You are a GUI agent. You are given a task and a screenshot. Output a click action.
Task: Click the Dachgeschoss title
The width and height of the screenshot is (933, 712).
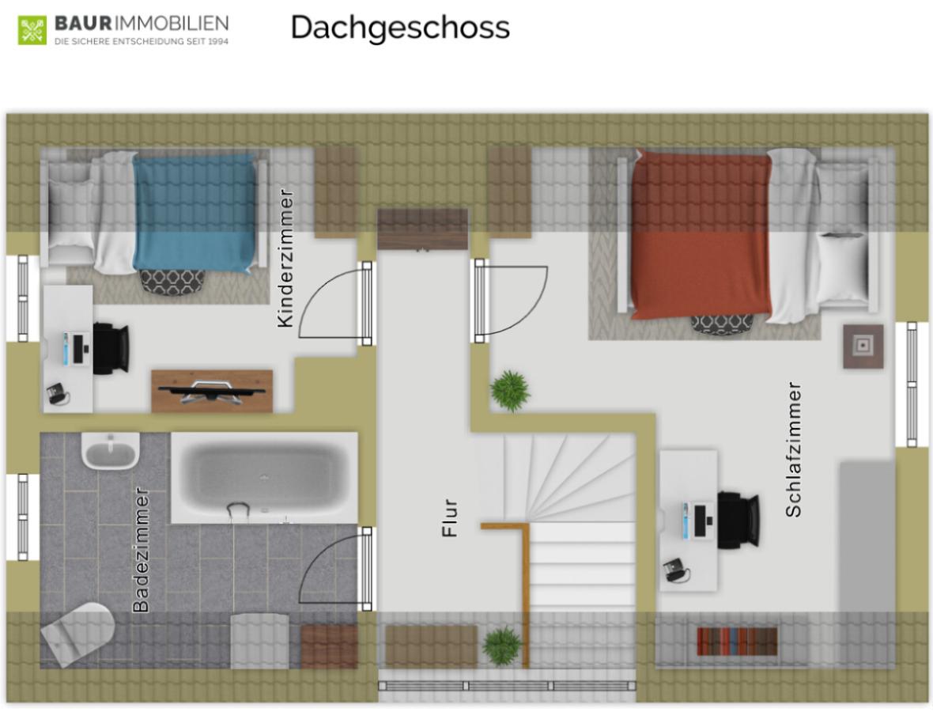pyautogui.click(x=400, y=28)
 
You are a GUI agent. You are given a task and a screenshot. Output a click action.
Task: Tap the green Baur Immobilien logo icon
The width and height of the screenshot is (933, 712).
pyautogui.click(x=32, y=30)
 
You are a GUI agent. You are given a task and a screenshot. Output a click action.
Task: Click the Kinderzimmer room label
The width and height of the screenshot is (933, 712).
pyautogui.click(x=285, y=258)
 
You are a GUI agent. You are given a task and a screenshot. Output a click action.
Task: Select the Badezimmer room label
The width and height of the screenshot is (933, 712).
pyautogui.click(x=141, y=550)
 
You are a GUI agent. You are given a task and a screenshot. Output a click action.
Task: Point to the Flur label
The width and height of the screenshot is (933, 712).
pyautogui.click(x=450, y=518)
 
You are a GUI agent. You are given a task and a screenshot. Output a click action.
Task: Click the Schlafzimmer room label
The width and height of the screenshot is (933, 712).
pyautogui.click(x=793, y=449)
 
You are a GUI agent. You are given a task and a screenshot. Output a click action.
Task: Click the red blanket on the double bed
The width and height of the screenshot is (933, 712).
pyautogui.click(x=701, y=234)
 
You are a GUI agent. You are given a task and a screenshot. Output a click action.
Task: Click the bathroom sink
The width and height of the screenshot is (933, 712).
pyautogui.click(x=111, y=451)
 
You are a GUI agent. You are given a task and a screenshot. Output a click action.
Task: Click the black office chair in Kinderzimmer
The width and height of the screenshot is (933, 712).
pyautogui.click(x=111, y=348)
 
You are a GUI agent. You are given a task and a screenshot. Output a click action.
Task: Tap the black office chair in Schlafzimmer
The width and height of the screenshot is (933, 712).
pyautogui.click(x=738, y=520)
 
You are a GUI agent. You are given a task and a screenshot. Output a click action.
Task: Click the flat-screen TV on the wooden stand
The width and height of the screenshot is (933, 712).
pyautogui.click(x=211, y=391)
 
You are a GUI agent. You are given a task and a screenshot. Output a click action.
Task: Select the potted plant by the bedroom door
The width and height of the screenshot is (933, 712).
pyautogui.click(x=510, y=391)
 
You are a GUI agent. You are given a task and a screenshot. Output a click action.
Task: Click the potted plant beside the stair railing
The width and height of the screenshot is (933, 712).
pyautogui.click(x=501, y=646)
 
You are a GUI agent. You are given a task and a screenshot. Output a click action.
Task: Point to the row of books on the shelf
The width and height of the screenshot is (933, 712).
pyautogui.click(x=737, y=641)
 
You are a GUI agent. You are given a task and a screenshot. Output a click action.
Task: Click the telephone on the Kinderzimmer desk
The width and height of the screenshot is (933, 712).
pyautogui.click(x=58, y=393)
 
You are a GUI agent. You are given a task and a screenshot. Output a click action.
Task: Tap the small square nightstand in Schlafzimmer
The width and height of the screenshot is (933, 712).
pyautogui.click(x=863, y=346)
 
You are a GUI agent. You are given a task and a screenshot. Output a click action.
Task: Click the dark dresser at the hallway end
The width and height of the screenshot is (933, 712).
pyautogui.click(x=422, y=229)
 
